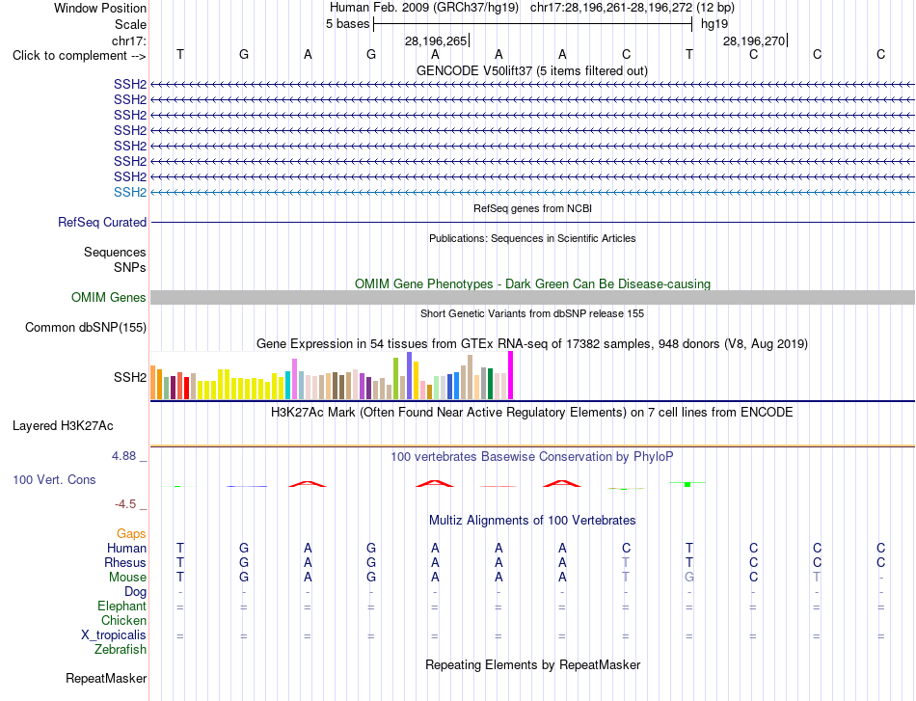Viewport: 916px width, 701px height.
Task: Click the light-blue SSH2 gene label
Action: coord(130,192)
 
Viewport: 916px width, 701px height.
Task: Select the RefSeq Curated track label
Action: coord(102,222)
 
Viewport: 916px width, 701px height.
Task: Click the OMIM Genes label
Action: coord(109,297)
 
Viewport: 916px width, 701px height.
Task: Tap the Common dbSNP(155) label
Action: coord(86,327)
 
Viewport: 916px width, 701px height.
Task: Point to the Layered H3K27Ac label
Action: coord(63,426)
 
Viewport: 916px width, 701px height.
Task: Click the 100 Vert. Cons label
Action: coord(54,479)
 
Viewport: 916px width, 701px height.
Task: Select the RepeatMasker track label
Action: coord(106,678)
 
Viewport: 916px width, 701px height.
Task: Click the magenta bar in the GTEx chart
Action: coord(511,376)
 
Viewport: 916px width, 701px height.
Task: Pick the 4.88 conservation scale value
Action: coord(123,456)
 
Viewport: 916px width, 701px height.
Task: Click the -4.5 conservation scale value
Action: coord(125,504)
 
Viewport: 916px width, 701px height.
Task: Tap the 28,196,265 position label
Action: coord(436,40)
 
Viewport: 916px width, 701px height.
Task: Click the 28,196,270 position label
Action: coord(754,40)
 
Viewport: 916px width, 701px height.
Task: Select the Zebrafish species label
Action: coord(121,649)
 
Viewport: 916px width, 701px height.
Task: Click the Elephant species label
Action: coord(122,606)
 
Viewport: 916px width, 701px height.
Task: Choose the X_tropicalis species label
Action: coord(114,635)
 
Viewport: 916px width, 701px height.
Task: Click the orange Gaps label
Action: coord(131,533)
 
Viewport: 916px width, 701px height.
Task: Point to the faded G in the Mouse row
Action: coord(689,578)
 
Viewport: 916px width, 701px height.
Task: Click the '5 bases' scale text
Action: coord(347,24)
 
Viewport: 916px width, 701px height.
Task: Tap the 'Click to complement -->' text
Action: coord(79,56)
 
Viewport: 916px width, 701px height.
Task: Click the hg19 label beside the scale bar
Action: coord(714,24)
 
